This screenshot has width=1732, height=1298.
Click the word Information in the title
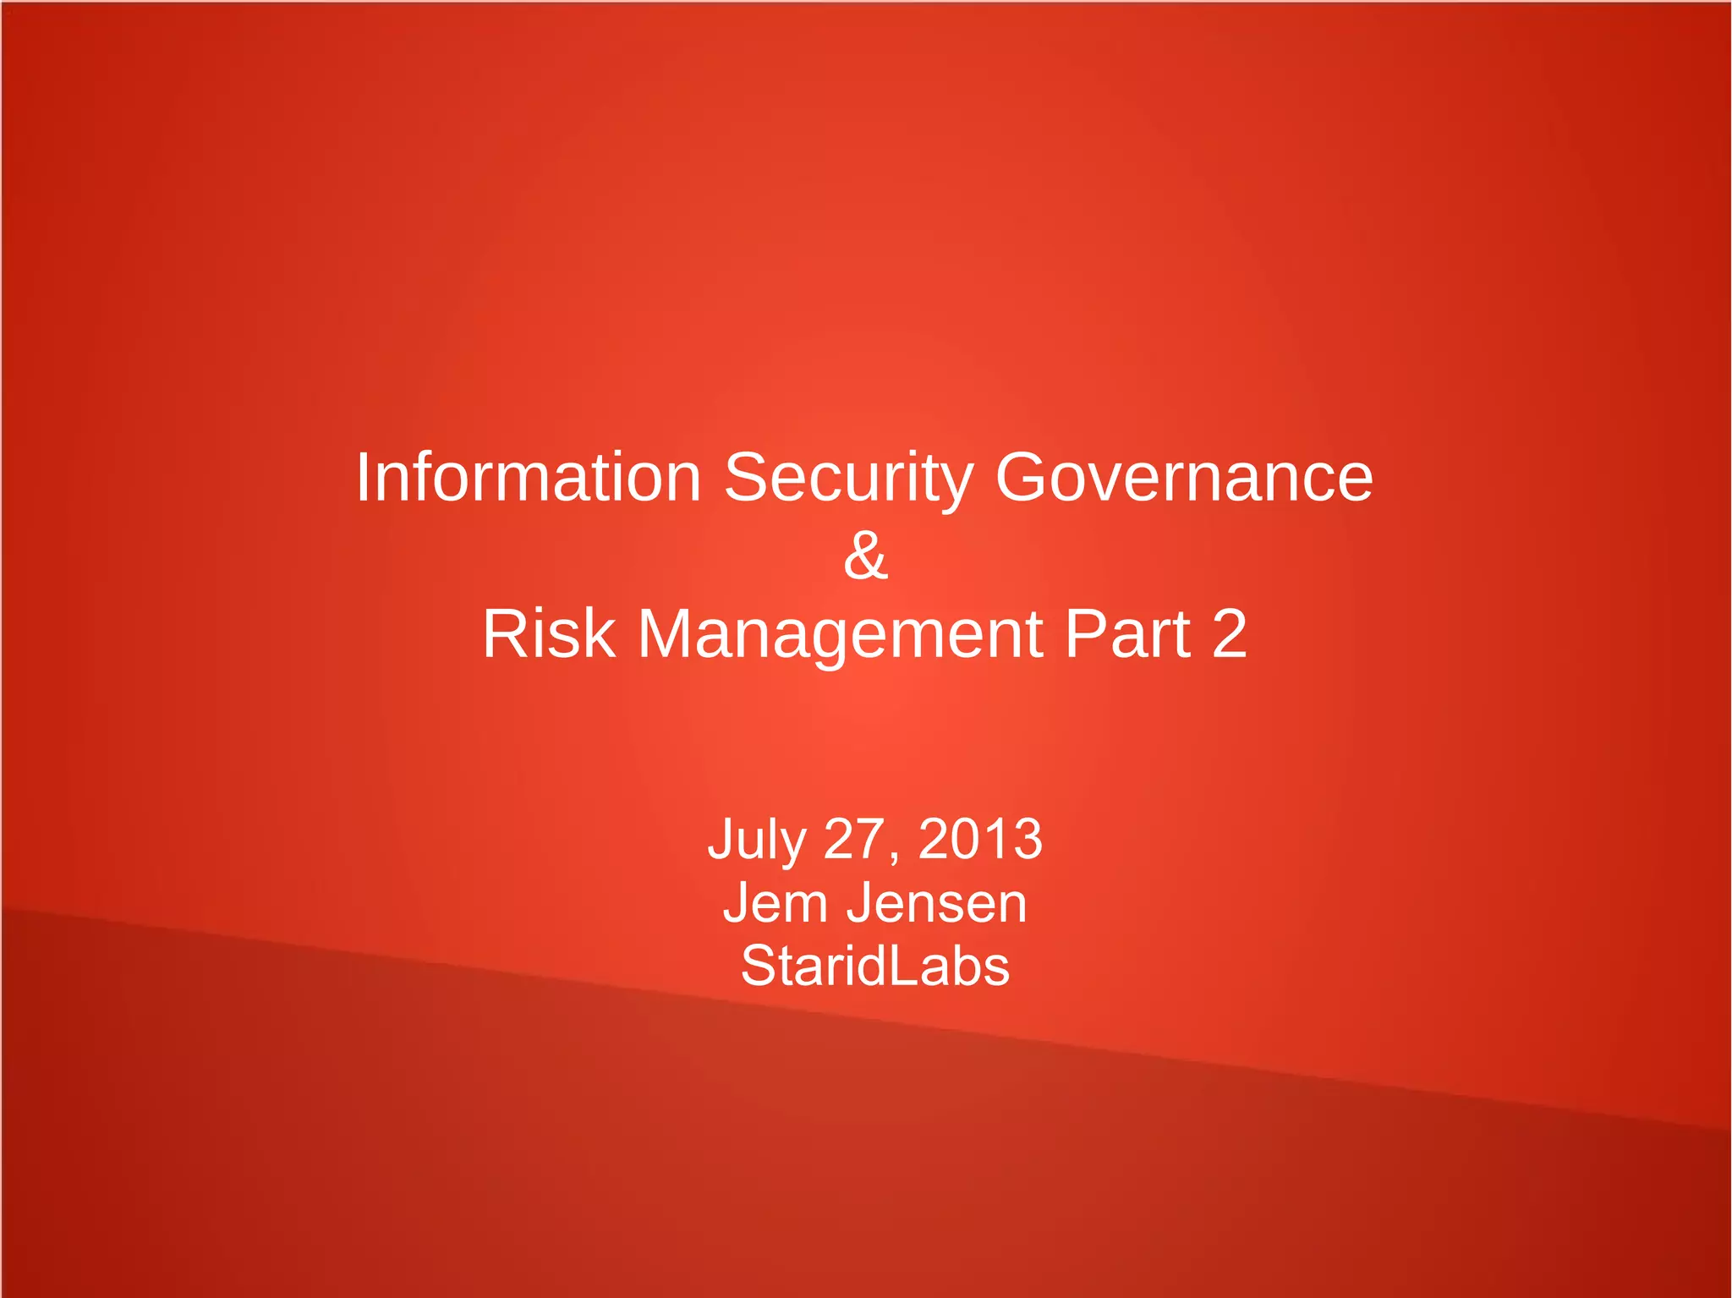tap(528, 477)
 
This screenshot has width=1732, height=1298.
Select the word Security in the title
tap(848, 479)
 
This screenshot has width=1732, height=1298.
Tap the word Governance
tap(1184, 477)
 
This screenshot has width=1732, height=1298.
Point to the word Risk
tap(548, 633)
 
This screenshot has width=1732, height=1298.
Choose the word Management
tap(841, 635)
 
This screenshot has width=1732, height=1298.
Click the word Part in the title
tap(1127, 633)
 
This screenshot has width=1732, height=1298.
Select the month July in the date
tap(756, 840)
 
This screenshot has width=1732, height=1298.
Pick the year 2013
tap(980, 839)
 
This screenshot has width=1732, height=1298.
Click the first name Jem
tap(775, 902)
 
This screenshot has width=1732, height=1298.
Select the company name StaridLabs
tap(875, 966)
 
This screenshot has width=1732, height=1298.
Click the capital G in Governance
tap(1019, 477)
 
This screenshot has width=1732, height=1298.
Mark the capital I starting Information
tap(361, 477)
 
